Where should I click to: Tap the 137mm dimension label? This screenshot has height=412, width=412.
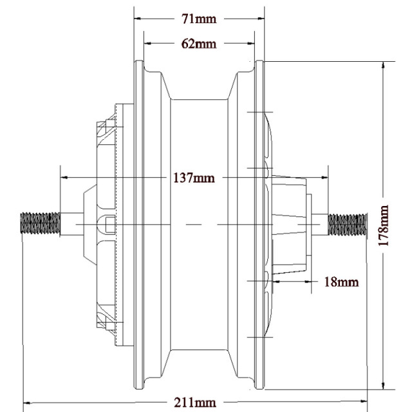point(194,178)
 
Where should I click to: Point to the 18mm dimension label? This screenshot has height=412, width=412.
point(341,281)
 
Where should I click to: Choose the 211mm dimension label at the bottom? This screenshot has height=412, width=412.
point(194,403)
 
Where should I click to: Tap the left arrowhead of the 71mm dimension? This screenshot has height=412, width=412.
point(138,19)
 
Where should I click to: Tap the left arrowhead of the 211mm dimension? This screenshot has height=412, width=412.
point(28,403)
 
